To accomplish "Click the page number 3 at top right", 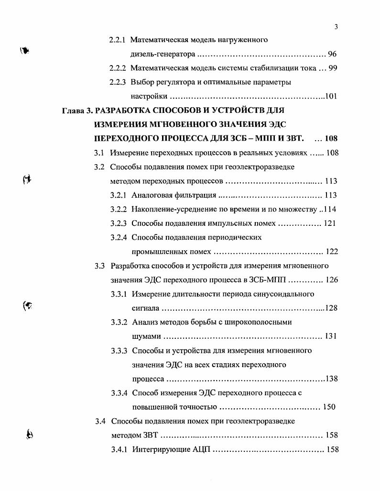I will (337, 27).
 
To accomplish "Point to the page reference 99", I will (333, 68).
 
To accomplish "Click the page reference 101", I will (331, 96).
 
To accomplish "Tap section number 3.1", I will (99, 153).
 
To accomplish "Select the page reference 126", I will (332, 280).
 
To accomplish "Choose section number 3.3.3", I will (119, 351).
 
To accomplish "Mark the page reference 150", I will (329, 407).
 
